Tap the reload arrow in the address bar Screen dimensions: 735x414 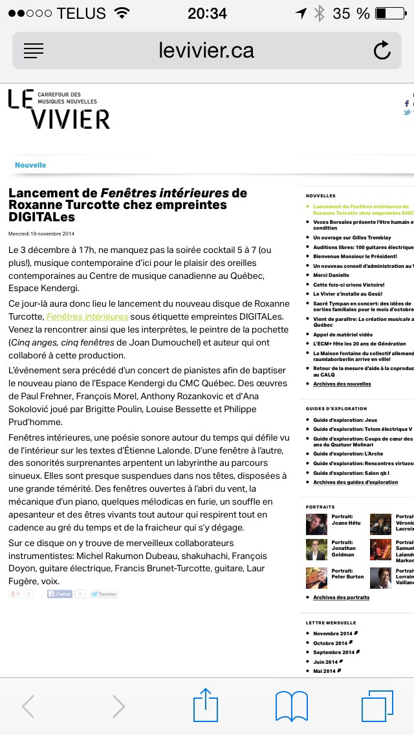382,50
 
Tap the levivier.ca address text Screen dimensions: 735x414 206,50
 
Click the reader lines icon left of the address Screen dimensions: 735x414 33,50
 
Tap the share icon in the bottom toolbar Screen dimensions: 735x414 206,706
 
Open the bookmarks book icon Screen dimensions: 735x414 292,706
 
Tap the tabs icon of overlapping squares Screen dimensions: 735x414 377,706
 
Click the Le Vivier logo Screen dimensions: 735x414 59,109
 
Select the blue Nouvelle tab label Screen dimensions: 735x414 30,165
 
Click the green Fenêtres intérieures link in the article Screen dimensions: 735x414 87,316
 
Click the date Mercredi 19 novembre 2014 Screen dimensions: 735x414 41,234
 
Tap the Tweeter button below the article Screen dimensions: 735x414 103,594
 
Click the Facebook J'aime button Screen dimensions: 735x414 60,594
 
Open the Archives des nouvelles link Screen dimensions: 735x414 342,384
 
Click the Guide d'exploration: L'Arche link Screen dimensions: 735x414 348,454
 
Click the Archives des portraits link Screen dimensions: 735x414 341,597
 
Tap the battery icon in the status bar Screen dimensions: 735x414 389,13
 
